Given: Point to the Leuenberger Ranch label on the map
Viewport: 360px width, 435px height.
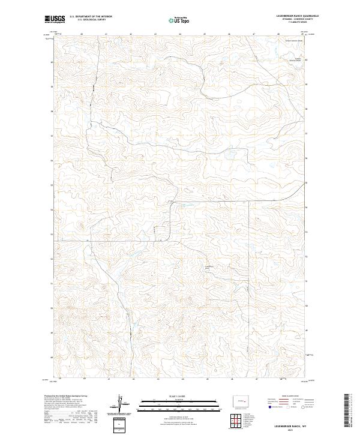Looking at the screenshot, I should (x=209, y=266).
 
